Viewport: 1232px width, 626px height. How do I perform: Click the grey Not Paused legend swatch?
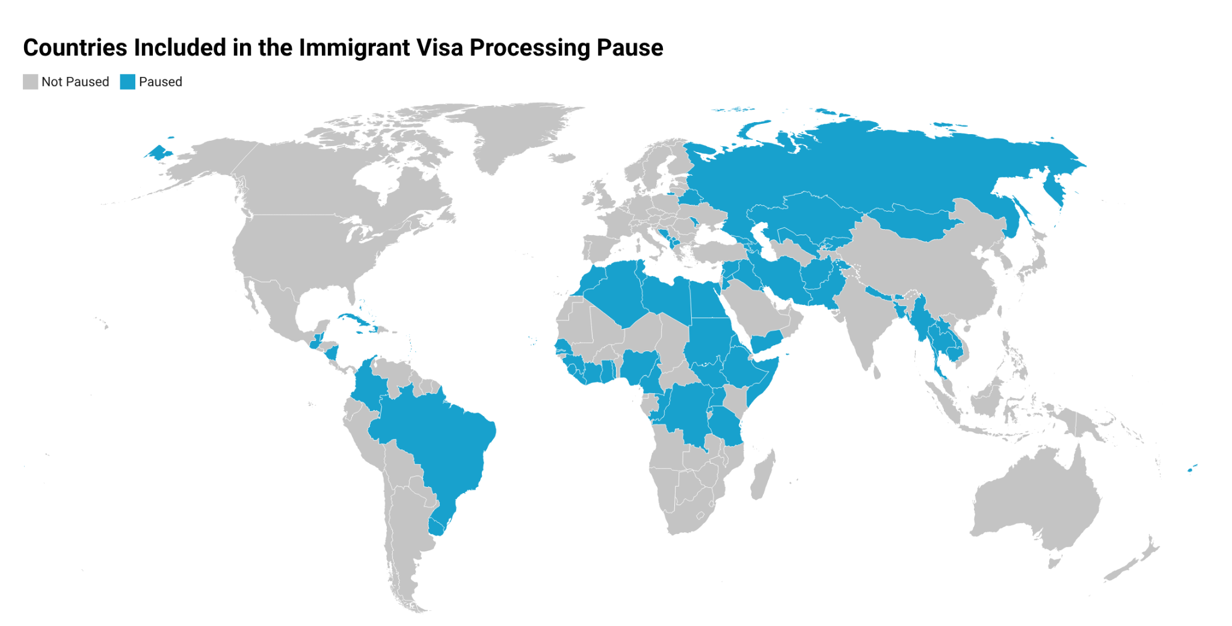click(30, 82)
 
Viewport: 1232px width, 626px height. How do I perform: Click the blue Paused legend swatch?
click(128, 82)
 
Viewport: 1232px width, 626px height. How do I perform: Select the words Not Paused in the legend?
click(75, 82)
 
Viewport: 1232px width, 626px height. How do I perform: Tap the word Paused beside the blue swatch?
click(160, 82)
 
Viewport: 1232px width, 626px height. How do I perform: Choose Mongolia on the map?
click(914, 222)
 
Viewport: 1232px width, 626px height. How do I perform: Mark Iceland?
click(562, 158)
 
